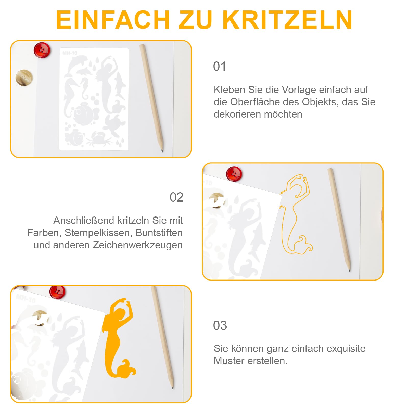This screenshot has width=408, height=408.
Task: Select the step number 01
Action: coord(220,67)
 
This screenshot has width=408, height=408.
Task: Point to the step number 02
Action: coord(176,197)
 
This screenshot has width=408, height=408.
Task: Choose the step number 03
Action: coord(220,326)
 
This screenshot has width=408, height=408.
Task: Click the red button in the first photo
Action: coord(42,50)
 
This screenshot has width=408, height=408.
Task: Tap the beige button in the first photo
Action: coord(24,77)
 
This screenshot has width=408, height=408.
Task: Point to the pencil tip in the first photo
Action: coord(162,151)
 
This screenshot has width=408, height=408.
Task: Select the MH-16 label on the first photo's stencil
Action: coord(70,53)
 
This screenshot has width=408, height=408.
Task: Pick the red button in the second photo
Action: coord(234,174)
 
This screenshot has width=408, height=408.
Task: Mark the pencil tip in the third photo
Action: coord(173,388)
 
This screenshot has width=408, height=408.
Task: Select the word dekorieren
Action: coord(237,114)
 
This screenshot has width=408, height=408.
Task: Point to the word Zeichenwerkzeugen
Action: coord(138,245)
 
